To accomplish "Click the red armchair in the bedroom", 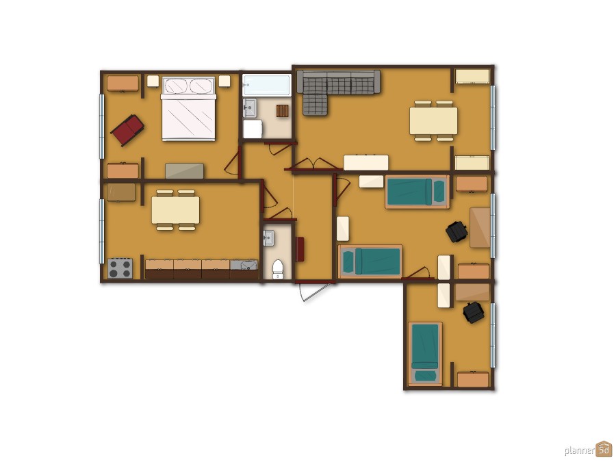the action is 127,129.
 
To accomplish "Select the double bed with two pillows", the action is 189,109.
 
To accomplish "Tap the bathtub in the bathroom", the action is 267,86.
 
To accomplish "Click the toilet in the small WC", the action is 278,269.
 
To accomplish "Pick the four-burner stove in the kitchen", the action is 120,268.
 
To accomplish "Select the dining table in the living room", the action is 433,121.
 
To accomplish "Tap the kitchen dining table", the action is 176,210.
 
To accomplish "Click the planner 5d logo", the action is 589,450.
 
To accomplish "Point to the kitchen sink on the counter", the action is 244,265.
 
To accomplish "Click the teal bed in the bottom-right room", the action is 425,354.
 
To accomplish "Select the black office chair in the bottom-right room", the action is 474,312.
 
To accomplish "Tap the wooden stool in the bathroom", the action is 282,111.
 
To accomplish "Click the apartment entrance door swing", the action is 313,292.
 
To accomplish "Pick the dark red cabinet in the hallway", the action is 300,249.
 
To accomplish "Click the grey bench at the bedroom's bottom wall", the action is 184,171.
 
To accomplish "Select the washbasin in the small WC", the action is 269,238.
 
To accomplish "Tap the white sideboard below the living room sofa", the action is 366,163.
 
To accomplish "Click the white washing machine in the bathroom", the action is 252,129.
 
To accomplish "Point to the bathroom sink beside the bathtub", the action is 249,107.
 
